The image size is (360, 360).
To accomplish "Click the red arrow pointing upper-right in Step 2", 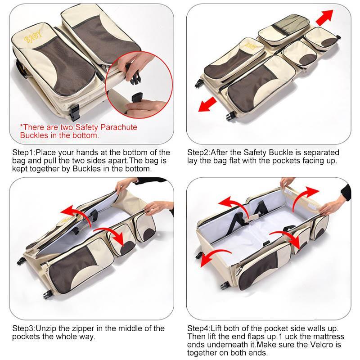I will (324, 18).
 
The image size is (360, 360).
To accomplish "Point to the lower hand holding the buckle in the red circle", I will (146, 107).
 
